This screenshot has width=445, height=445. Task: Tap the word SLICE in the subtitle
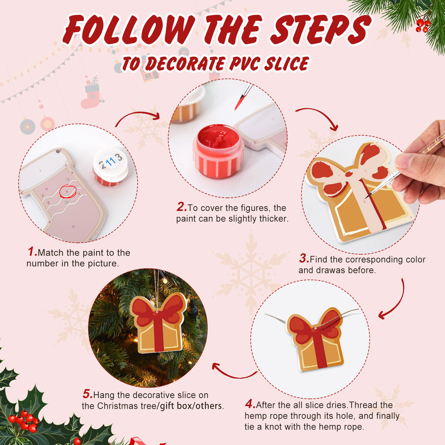coord(286,64)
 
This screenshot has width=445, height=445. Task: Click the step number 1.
coord(32,252)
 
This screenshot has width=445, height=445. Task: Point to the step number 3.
coord(304,259)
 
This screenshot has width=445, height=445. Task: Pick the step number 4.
coord(250,405)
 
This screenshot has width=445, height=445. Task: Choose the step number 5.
coord(87,395)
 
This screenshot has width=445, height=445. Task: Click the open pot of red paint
coord(218,150)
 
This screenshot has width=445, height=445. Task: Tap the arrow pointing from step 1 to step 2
coord(137,116)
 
